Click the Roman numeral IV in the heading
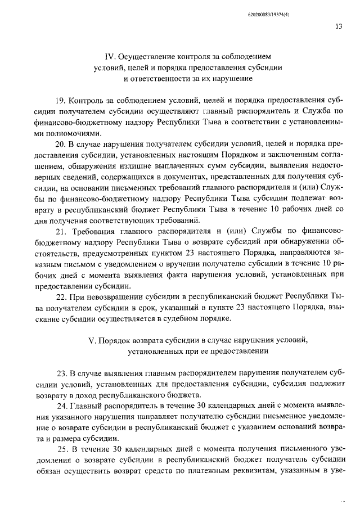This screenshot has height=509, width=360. point(110,57)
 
